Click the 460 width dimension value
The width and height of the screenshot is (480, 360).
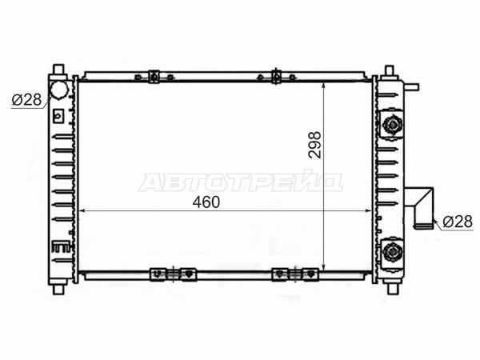pos(206,202)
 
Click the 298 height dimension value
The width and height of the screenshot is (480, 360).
pos(315,145)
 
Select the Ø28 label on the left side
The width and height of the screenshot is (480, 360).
pos(26,100)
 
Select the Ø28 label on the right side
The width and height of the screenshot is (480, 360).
pos(458,222)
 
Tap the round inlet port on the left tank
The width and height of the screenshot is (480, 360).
pos(58,90)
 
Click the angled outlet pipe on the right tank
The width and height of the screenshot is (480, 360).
pos(422,207)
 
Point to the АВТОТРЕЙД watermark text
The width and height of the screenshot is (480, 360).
pos(241,182)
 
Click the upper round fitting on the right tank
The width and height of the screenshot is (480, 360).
pos(391,124)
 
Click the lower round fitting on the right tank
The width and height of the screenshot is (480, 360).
pos(392,252)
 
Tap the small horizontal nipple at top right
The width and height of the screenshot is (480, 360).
pos(411,87)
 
